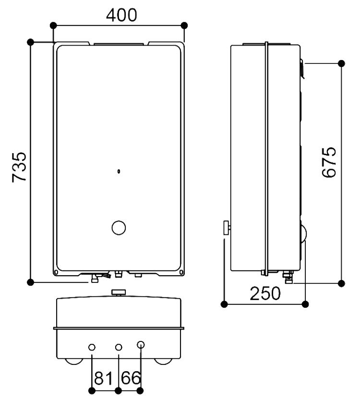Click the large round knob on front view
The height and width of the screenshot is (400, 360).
tap(118, 228)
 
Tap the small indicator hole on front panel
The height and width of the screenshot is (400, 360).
tap(118, 170)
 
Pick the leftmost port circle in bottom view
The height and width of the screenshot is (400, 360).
tap(92, 347)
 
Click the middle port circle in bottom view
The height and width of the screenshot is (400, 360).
tap(119, 347)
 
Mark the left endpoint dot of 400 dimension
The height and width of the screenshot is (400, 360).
tap(53, 25)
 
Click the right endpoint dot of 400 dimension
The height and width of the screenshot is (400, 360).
tap(184, 25)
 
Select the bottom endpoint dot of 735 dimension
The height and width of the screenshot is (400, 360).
tap(31, 281)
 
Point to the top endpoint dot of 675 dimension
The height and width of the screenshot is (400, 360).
tap(341, 63)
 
